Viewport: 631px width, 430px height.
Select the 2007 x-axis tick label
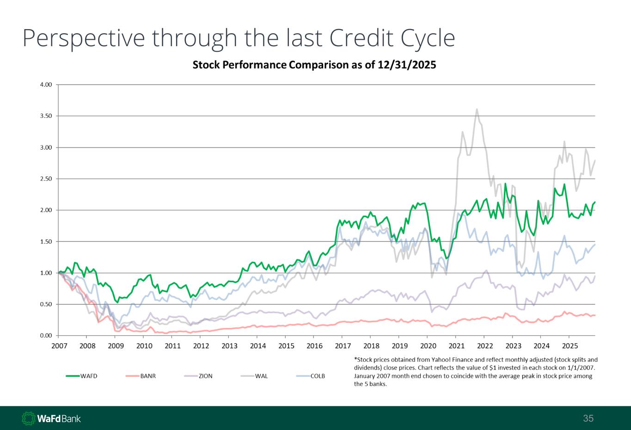tap(59, 346)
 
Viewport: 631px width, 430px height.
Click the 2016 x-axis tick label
tap(314, 346)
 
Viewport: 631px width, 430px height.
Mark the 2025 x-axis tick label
tap(570, 346)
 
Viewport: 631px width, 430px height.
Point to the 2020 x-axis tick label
tap(428, 346)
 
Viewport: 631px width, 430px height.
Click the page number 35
tap(588, 418)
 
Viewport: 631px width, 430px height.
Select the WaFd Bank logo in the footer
tap(51, 418)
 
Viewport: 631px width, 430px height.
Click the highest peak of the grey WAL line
tap(477, 109)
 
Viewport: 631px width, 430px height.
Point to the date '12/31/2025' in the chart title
tap(407, 65)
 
